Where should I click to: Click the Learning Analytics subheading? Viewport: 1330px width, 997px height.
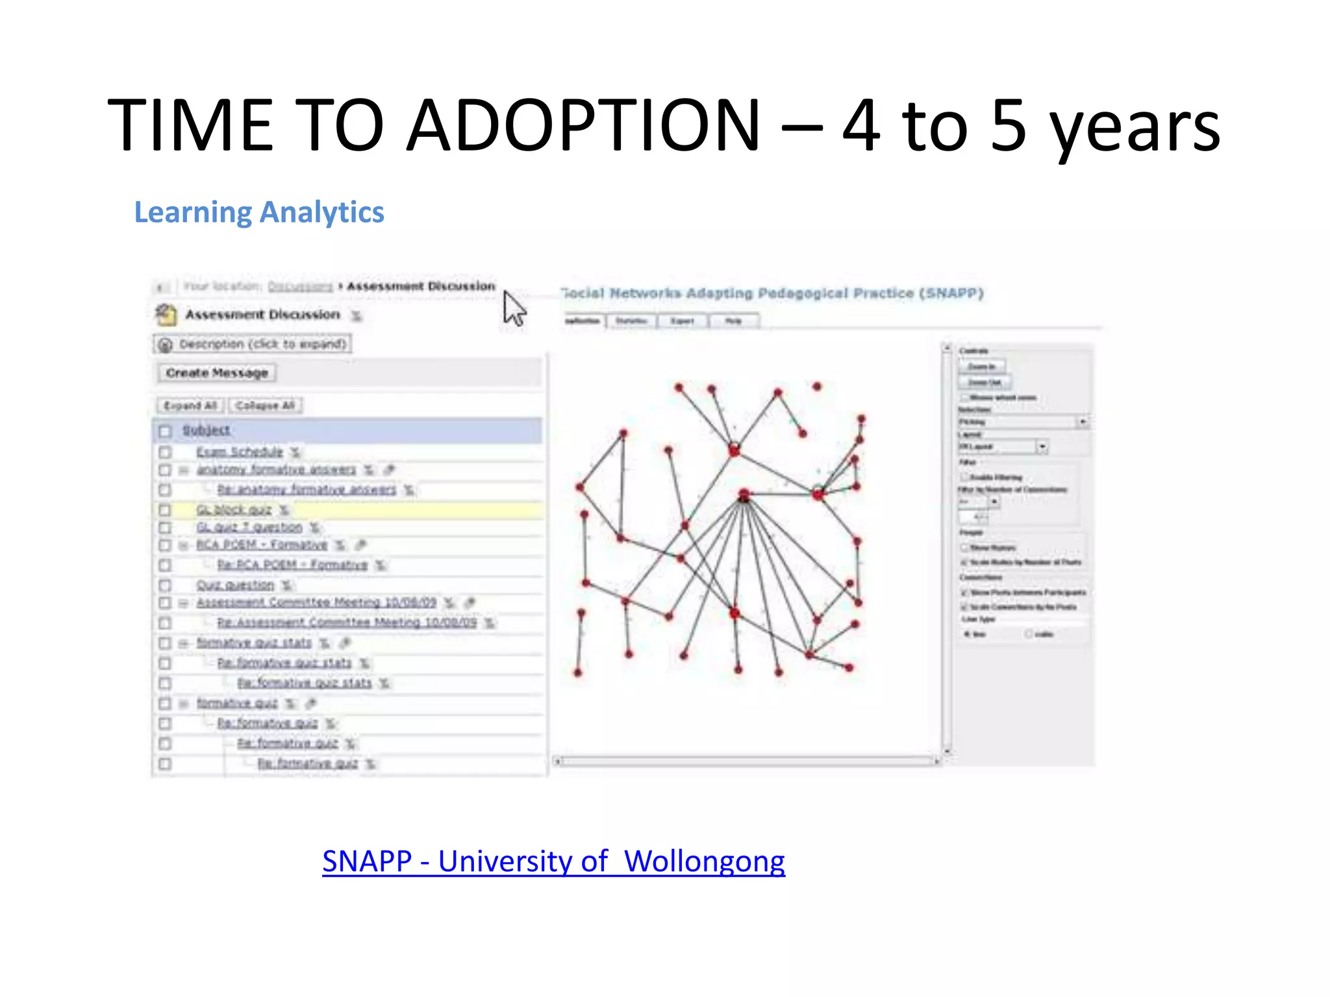(x=258, y=212)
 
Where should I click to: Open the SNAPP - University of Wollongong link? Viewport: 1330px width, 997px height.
(x=553, y=861)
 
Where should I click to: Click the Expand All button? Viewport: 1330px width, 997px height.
(x=190, y=406)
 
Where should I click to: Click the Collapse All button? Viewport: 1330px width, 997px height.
(x=265, y=406)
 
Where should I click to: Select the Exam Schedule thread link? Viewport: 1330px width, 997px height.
(x=240, y=452)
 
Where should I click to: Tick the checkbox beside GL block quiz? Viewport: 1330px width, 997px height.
(x=165, y=510)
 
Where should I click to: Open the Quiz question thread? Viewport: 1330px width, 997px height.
(x=235, y=585)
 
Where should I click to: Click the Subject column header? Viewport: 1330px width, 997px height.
(x=206, y=430)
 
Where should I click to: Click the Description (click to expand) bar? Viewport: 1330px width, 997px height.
(x=253, y=344)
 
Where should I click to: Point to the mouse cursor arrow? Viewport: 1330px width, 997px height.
(x=512, y=308)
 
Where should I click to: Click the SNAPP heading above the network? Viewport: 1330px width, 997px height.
(x=773, y=293)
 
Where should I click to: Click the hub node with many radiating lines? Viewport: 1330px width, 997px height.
(x=744, y=496)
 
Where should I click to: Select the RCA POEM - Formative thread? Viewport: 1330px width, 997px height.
(x=262, y=545)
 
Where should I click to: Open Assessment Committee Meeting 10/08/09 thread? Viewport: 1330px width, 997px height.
(x=316, y=603)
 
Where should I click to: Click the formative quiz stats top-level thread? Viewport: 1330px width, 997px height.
(x=254, y=643)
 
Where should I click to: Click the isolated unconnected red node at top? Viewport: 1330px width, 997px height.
(x=817, y=387)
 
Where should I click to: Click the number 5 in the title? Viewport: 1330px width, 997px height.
(x=1008, y=125)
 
